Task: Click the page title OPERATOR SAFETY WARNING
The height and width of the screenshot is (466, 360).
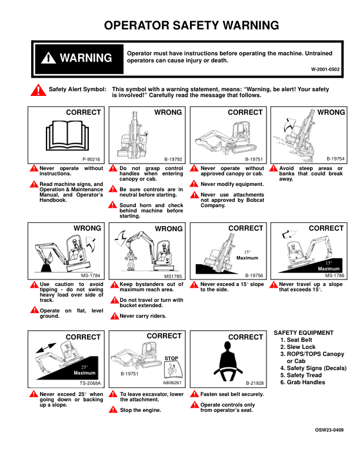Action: tap(191, 25)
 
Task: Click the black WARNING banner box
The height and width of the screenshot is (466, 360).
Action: tap(76, 58)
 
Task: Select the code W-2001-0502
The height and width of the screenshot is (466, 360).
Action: tap(325, 69)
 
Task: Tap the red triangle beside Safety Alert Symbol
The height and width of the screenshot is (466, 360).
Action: tap(38, 91)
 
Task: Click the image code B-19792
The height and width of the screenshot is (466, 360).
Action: tap(173, 159)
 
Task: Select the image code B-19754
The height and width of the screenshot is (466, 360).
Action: tap(335, 159)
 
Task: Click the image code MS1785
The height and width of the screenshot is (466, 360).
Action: tap(174, 275)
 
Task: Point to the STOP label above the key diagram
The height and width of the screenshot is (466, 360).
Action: tap(171, 358)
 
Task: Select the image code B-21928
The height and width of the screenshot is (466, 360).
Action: tap(254, 383)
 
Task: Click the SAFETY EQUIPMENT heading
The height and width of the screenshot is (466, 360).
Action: tap(304, 333)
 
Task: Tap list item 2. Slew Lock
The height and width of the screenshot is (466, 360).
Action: tap(301, 347)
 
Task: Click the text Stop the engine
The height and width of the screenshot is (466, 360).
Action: tap(141, 410)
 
